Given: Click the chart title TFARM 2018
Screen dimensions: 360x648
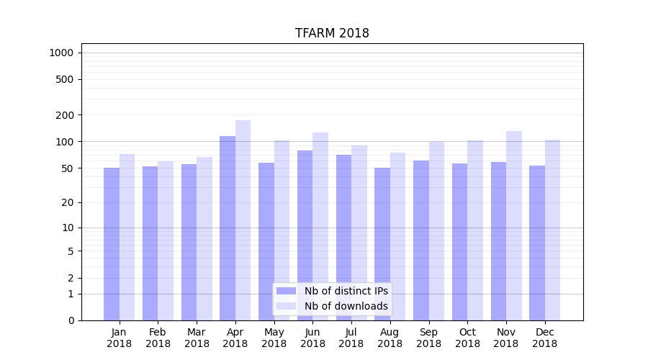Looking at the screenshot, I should pos(332,34).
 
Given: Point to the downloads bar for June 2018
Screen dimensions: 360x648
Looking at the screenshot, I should pos(320,226).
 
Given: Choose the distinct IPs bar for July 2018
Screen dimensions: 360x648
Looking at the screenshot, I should pos(343,237).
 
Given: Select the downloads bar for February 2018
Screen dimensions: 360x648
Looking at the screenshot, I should pos(166,240).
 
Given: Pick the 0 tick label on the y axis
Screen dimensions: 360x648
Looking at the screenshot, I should pos(71,320).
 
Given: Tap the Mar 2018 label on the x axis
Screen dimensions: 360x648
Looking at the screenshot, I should pos(197,338).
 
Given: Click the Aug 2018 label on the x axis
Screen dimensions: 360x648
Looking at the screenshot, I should pos(390,338).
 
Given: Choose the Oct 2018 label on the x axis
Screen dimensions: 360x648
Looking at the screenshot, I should pos(467,338).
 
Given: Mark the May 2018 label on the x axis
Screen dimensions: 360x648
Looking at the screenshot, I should pos(274,338).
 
